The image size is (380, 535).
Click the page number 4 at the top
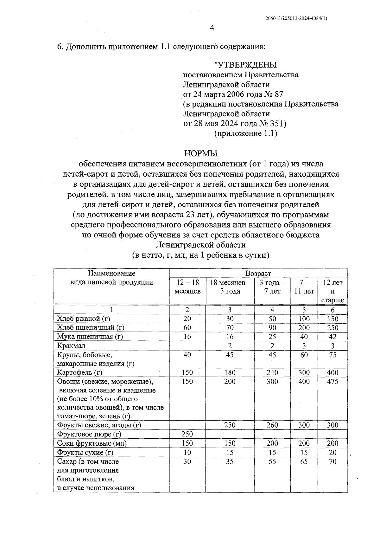point(212,28)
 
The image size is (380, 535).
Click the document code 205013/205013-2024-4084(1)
point(296,18)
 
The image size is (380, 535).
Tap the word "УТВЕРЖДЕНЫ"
point(245,65)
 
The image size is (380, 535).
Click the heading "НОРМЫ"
point(201,154)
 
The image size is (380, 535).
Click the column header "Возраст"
point(258,273)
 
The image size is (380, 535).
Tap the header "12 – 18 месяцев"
point(187,287)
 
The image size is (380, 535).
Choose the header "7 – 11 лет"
point(304,287)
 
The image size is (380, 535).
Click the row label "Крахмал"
point(71,345)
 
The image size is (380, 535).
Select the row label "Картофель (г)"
point(79,372)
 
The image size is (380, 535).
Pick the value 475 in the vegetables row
point(332,382)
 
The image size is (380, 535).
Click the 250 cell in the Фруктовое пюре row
point(187,434)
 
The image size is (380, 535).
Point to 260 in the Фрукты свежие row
point(272,425)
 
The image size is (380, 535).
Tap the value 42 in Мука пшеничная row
point(332,337)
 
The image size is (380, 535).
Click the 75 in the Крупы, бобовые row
point(332,355)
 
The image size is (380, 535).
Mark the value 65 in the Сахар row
point(304,461)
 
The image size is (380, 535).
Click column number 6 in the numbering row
point(332,310)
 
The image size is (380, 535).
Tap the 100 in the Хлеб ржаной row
point(304,319)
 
